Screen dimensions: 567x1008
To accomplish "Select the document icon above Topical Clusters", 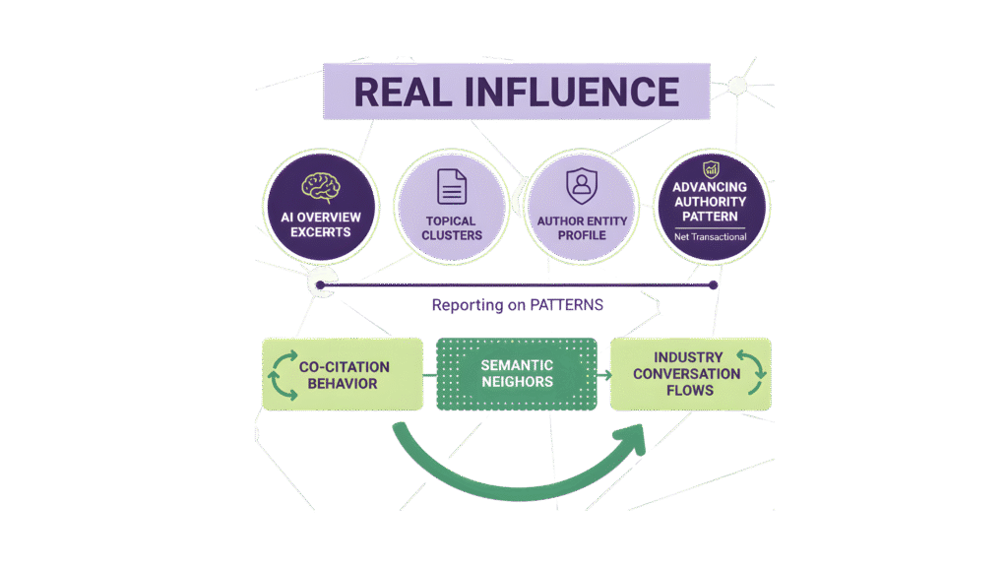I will point(451,187).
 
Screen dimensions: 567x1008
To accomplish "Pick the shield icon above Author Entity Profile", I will point(580,185).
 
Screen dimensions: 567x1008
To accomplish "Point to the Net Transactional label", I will point(710,236).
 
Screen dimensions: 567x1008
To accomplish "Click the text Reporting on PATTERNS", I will point(517,305).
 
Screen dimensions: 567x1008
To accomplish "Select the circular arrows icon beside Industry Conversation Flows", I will point(752,373).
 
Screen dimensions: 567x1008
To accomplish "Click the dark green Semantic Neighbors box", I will point(517,374).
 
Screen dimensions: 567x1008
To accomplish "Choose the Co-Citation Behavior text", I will point(344,375).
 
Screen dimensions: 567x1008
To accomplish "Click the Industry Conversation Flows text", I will point(686,373).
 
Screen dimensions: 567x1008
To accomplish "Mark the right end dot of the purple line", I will point(714,285).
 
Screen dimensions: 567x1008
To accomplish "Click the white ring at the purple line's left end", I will point(318,284).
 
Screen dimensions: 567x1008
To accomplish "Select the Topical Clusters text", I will point(451,228).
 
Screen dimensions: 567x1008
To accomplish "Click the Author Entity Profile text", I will point(580,228).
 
